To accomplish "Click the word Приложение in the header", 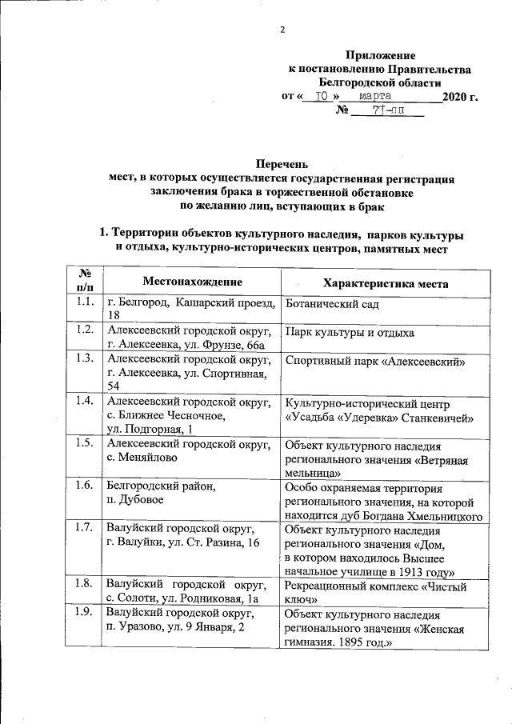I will tap(380, 55).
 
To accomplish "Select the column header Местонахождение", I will tap(192, 282).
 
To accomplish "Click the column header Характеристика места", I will tap(385, 283).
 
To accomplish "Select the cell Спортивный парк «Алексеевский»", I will tap(375, 361).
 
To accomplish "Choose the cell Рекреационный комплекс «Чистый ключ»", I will tap(371, 592).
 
